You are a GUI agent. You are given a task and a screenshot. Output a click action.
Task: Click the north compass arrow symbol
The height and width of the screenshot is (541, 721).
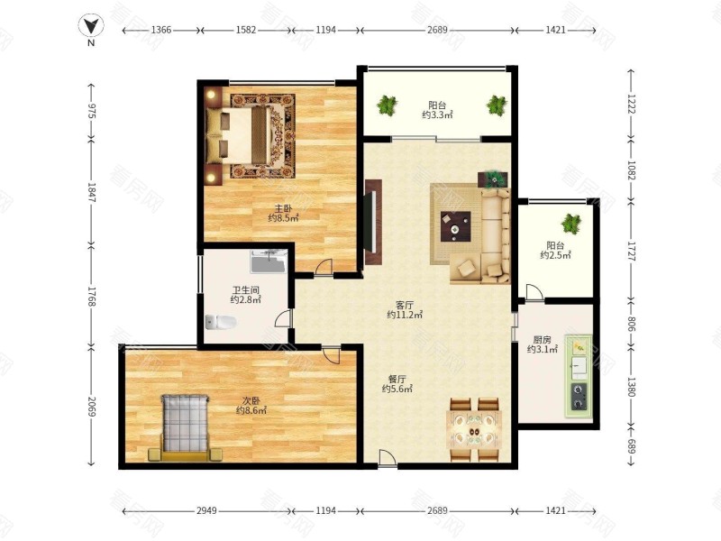91,25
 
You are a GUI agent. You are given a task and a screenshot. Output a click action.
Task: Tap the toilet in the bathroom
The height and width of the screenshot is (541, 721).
220,322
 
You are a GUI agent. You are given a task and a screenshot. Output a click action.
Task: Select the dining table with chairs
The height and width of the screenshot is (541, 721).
474,430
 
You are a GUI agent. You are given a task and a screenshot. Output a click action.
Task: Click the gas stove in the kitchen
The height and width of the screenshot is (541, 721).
579,397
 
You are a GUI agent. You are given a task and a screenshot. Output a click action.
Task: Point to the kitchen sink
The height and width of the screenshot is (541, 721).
579,366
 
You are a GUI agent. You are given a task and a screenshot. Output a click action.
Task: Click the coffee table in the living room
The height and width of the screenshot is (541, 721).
455,226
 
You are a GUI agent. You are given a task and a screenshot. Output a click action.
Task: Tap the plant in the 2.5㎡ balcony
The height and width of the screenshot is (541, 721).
570,224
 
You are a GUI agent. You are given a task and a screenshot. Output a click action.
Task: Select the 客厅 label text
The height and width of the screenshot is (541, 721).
405,305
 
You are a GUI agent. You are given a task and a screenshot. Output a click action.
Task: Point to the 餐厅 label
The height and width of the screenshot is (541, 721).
397,379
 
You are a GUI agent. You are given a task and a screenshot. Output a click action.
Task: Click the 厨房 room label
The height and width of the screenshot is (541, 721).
543,340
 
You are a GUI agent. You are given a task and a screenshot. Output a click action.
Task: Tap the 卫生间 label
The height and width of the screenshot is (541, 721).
245,290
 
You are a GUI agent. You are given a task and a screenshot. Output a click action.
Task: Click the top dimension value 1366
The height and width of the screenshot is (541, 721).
161,30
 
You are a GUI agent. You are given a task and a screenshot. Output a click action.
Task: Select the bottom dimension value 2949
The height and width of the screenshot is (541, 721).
207,510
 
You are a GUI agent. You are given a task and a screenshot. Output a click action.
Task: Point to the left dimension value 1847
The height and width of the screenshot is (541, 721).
92,193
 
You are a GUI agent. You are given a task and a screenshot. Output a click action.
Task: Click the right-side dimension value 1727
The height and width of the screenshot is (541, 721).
632,252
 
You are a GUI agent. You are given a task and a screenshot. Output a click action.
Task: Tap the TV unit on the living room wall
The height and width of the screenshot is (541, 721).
373,222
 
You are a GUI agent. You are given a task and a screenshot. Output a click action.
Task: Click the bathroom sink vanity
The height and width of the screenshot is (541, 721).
269,261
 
